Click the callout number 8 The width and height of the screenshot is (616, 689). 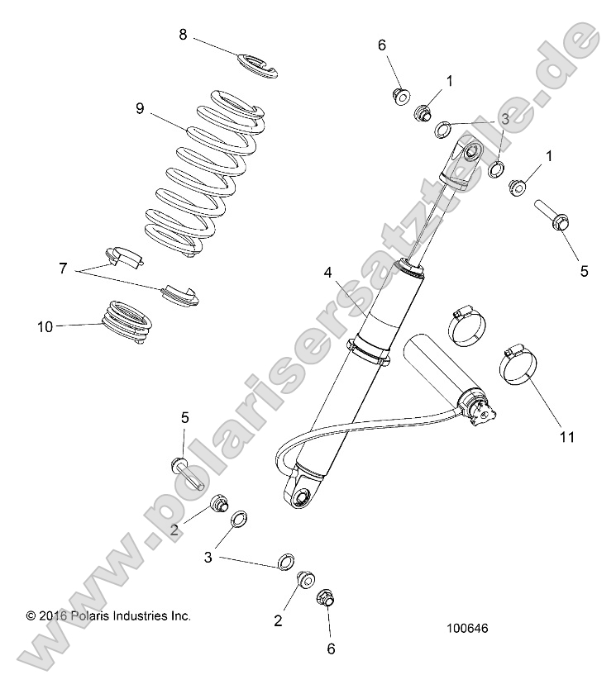pyautogui.click(x=184, y=34)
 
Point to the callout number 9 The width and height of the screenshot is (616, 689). pyautogui.click(x=141, y=107)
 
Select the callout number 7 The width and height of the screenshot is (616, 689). pyautogui.click(x=61, y=268)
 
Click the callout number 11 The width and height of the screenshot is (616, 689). pyautogui.click(x=566, y=435)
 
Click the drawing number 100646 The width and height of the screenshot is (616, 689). pyautogui.click(x=467, y=628)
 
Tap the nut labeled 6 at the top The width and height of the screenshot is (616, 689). pyautogui.click(x=399, y=95)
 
